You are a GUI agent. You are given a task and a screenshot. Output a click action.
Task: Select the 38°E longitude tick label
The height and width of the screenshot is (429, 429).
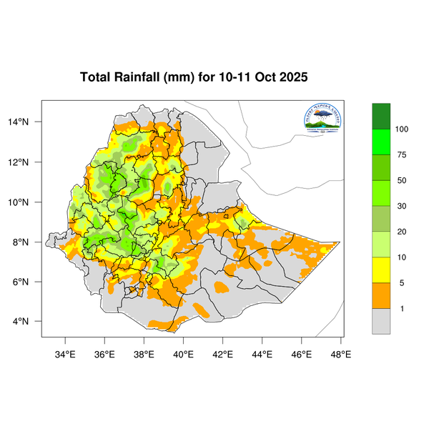144,352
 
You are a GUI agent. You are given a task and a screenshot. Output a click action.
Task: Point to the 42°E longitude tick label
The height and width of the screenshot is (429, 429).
223,352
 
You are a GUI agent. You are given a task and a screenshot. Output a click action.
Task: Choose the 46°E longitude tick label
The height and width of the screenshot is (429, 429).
302,352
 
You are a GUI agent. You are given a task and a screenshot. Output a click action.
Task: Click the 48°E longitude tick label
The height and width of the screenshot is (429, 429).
341,352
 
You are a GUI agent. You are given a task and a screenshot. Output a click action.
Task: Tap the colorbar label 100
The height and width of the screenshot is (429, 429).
401,129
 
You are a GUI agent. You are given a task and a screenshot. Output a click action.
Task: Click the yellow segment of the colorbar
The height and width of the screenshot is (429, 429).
381,270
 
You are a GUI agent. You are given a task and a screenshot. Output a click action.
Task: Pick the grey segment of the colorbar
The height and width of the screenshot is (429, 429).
381,321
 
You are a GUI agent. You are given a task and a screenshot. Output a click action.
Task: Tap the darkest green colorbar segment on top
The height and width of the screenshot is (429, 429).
381,116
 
